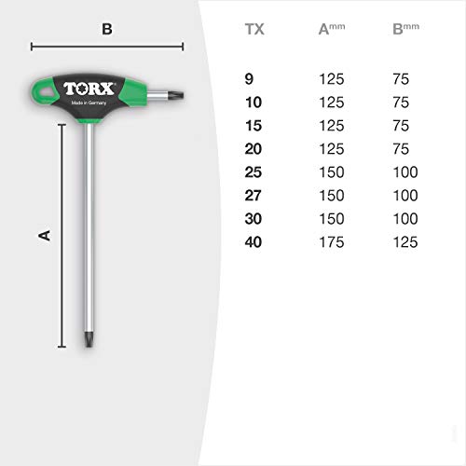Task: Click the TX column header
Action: (x=254, y=29)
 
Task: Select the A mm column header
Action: (x=332, y=29)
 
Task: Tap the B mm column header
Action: (x=405, y=29)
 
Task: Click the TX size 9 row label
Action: (x=249, y=79)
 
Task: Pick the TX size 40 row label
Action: (x=254, y=242)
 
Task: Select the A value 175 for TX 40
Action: (x=332, y=242)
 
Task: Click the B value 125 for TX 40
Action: (x=405, y=242)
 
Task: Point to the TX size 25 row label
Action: (x=254, y=172)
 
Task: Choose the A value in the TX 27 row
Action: (x=332, y=196)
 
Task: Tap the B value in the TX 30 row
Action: (x=405, y=219)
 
